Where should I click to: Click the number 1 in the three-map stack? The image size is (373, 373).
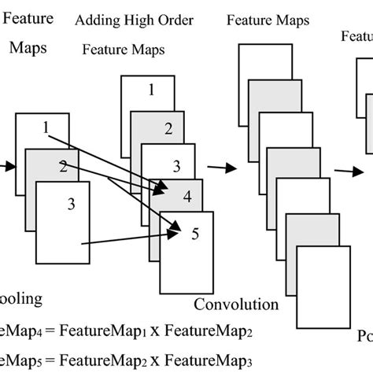[x=46, y=126]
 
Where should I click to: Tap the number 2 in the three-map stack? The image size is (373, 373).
[x=61, y=165]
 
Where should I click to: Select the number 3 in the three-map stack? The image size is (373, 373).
[x=71, y=205]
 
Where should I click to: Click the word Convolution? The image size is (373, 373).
[x=236, y=304]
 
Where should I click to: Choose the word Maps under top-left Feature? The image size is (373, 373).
[x=28, y=48]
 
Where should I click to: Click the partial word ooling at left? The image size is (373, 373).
[x=22, y=299]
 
